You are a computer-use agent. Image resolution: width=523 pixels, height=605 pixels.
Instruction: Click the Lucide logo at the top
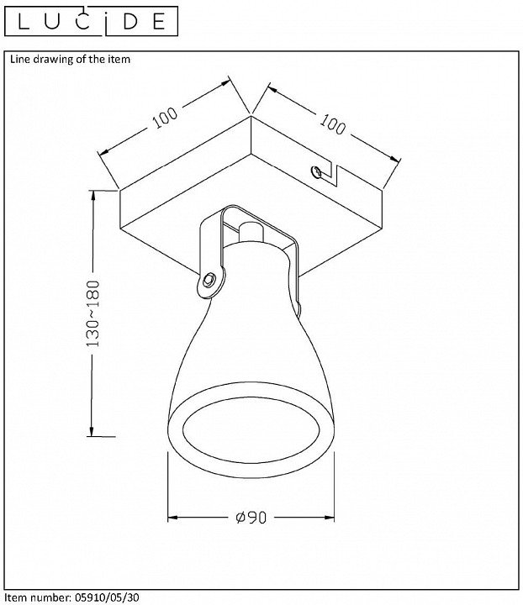pyautogui.click(x=91, y=21)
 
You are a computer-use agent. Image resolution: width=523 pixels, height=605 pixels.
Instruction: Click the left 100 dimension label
pyautogui.click(x=165, y=117)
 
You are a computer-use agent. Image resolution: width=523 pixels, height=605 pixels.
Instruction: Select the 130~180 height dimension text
pyautogui.click(x=92, y=313)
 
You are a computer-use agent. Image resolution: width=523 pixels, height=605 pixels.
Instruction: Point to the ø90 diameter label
pyautogui.click(x=251, y=518)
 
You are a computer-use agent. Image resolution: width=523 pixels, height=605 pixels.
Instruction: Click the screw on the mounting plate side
pyautogui.click(x=316, y=172)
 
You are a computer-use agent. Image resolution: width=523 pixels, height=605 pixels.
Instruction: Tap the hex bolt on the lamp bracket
pyautogui.click(x=209, y=279)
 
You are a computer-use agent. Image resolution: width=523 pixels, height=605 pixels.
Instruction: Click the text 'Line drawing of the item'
pyautogui.click(x=71, y=60)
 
